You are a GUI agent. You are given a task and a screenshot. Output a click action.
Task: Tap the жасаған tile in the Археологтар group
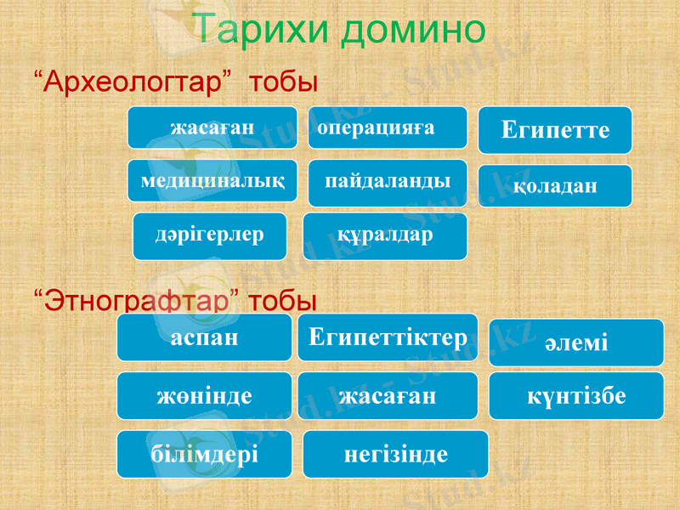click(212, 127)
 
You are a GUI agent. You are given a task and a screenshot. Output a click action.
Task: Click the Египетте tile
click(556, 130)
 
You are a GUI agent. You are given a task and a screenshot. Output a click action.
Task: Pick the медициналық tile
click(212, 180)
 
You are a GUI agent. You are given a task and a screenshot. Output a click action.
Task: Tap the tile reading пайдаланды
click(388, 183)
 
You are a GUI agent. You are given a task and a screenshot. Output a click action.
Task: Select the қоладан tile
click(556, 185)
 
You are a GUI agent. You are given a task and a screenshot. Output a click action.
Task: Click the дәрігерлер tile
click(209, 235)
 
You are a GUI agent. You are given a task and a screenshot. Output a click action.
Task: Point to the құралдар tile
click(385, 235)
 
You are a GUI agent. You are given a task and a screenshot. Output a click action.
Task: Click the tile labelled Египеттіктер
click(388, 337)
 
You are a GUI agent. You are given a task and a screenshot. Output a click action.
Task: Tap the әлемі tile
click(575, 343)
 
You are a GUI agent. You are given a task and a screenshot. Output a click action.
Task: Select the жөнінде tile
click(204, 395)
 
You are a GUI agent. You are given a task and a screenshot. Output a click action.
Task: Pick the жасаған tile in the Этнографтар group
click(388, 395)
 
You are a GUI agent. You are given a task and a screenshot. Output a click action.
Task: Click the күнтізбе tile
click(575, 395)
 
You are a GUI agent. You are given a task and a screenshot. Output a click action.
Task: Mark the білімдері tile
click(204, 453)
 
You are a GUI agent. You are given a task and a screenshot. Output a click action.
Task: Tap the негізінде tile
click(395, 453)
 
